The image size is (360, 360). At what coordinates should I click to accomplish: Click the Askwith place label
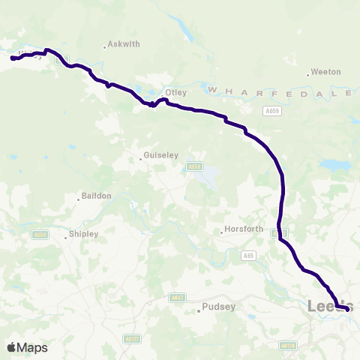point(124,44)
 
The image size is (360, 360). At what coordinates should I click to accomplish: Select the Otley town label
point(175,92)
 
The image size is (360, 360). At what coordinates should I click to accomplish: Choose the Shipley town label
point(83,234)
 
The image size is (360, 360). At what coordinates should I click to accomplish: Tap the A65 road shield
point(247,256)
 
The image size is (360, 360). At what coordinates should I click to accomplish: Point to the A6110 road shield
point(287,346)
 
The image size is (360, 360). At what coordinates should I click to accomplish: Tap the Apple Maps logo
point(27,347)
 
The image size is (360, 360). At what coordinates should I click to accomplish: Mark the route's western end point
point(13,58)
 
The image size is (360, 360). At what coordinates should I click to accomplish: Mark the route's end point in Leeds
point(347,308)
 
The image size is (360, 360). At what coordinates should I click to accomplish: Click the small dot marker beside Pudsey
point(199,309)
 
